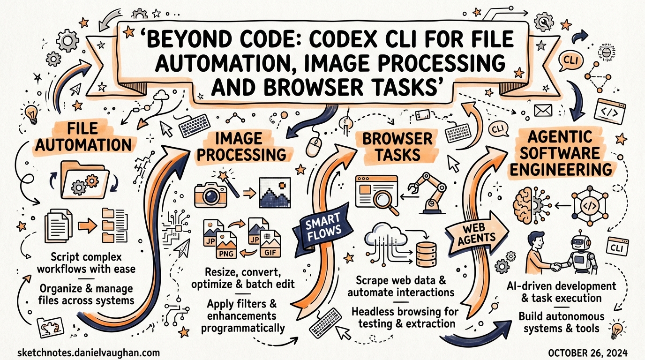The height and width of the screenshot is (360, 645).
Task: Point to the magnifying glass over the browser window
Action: click(383, 198)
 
